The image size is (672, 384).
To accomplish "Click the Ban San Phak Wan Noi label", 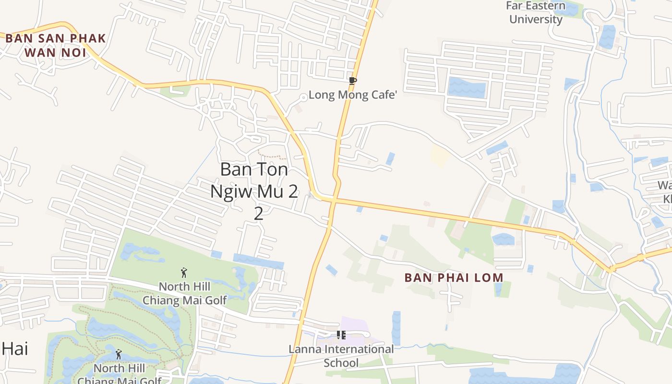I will pos(55,45).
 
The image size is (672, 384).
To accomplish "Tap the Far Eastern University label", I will pos(536,12).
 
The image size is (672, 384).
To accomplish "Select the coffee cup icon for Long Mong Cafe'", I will pos(353,81).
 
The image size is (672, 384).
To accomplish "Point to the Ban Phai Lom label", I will pos(454,277).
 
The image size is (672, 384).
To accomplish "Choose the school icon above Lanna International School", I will pos(341,335).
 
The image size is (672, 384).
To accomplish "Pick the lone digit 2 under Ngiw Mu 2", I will pos(258,213).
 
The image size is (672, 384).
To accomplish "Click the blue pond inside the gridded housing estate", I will pos(467,88).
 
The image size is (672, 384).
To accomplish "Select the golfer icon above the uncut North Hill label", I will pos(184,273).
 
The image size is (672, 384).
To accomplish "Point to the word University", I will pos(536,19).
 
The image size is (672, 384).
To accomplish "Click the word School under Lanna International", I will pos(341,362).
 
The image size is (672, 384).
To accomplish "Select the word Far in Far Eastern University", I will pos(515,6).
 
